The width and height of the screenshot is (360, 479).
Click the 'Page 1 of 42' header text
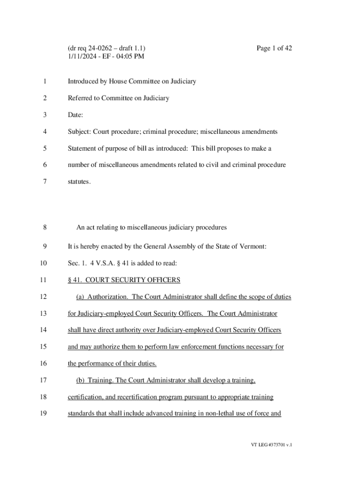point(274,48)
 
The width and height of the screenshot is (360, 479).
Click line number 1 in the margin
point(44,81)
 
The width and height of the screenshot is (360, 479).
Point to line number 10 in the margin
point(43,263)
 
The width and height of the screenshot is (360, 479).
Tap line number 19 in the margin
point(43,414)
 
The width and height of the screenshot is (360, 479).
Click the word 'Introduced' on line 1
point(83,81)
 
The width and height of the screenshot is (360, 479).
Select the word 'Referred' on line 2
point(80,98)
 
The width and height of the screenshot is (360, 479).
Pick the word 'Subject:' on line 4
point(79,132)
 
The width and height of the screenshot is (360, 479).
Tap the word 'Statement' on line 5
point(82,149)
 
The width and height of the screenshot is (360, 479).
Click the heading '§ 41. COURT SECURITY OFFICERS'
point(124,280)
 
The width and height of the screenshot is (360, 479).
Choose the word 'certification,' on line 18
point(86,397)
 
